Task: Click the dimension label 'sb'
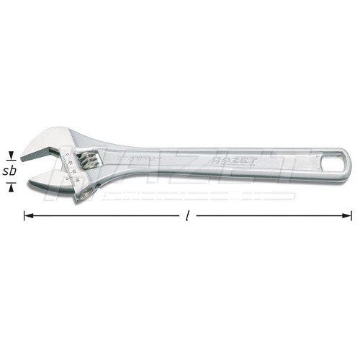click(10, 171)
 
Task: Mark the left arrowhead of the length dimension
click(29, 215)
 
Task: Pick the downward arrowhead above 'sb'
click(10, 156)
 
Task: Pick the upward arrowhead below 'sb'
click(10, 186)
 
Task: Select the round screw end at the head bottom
click(85, 189)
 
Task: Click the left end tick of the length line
click(24, 215)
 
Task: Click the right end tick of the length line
click(352, 215)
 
